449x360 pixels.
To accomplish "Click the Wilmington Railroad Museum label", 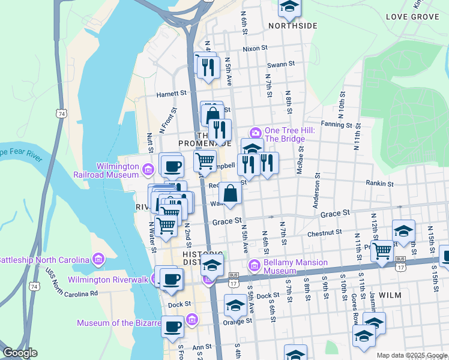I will (117, 170).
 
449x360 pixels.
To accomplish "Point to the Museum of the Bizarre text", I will (119, 323).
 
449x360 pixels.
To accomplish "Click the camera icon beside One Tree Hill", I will (256, 132).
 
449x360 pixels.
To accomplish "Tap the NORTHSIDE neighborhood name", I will (292, 26).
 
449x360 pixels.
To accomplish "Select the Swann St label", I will (281, 63).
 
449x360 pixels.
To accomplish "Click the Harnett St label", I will (172, 94).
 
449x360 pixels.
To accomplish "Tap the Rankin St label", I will (381, 184).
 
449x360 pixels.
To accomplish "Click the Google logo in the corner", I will (20, 353).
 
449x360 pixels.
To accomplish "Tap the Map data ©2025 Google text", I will (411, 355).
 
